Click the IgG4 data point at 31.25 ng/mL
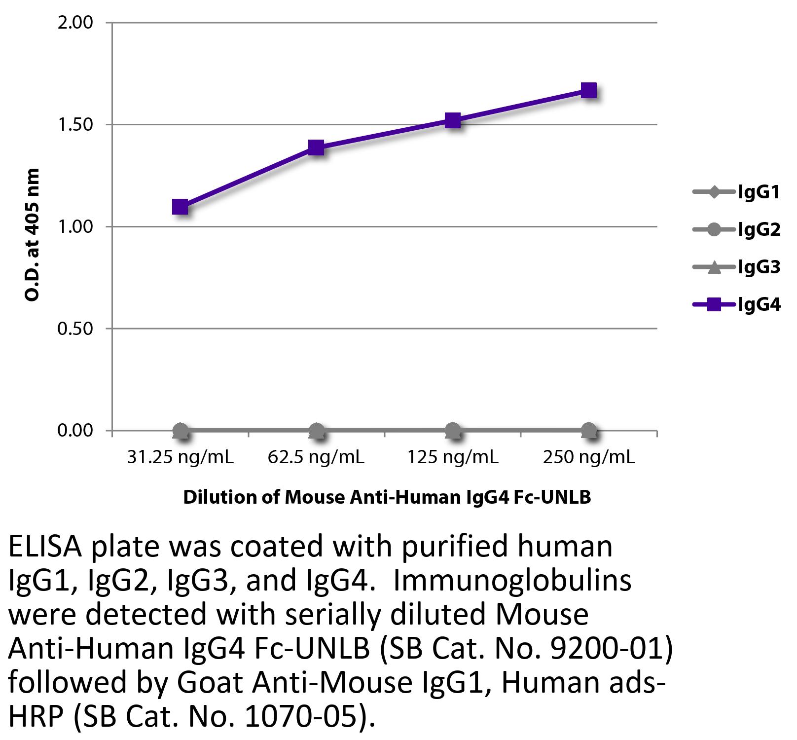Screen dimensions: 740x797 coord(181,207)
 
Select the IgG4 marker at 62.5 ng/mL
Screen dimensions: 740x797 coord(316,147)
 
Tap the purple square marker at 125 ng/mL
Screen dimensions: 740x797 coord(453,120)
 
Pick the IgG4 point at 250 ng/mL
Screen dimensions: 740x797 coord(589,90)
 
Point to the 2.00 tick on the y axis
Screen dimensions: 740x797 coord(75,23)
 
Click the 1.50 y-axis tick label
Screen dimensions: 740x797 coord(75,124)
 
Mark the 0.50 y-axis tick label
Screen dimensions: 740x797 coord(75,329)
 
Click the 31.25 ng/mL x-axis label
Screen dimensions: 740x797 coord(181,457)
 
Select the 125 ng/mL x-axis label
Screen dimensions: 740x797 coord(453,457)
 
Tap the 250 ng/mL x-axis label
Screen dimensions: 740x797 coord(589,457)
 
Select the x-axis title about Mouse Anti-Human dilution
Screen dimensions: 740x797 coord(387,497)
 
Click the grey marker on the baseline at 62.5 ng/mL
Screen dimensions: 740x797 coord(316,431)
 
